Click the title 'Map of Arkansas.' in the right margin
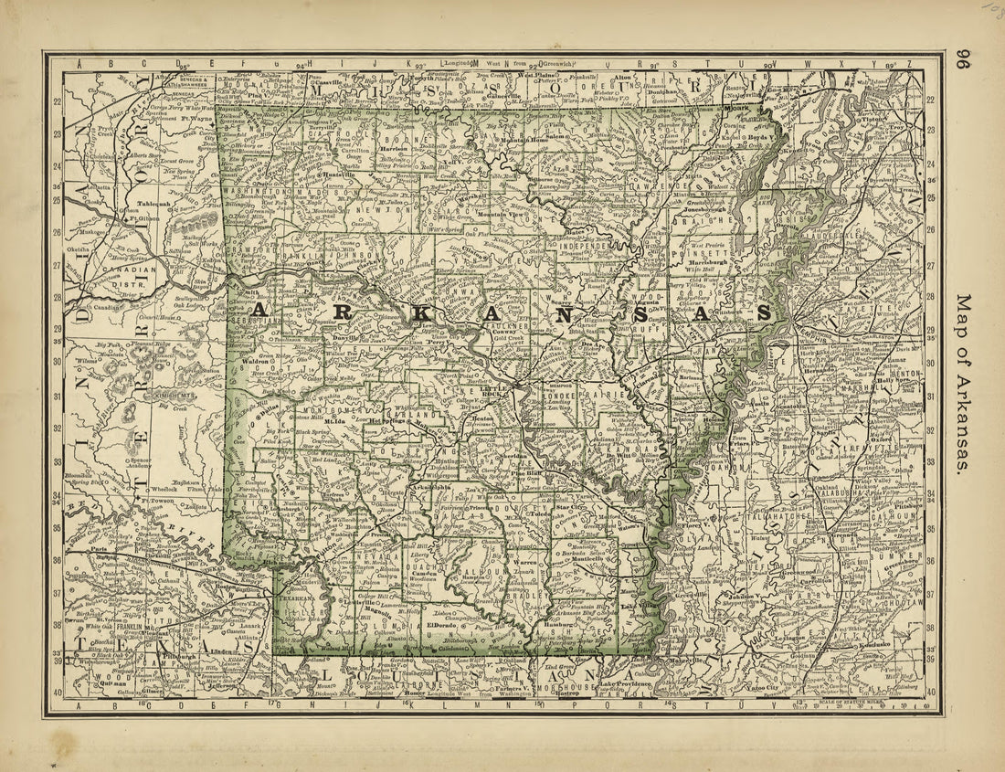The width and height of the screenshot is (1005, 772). [x=961, y=383]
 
